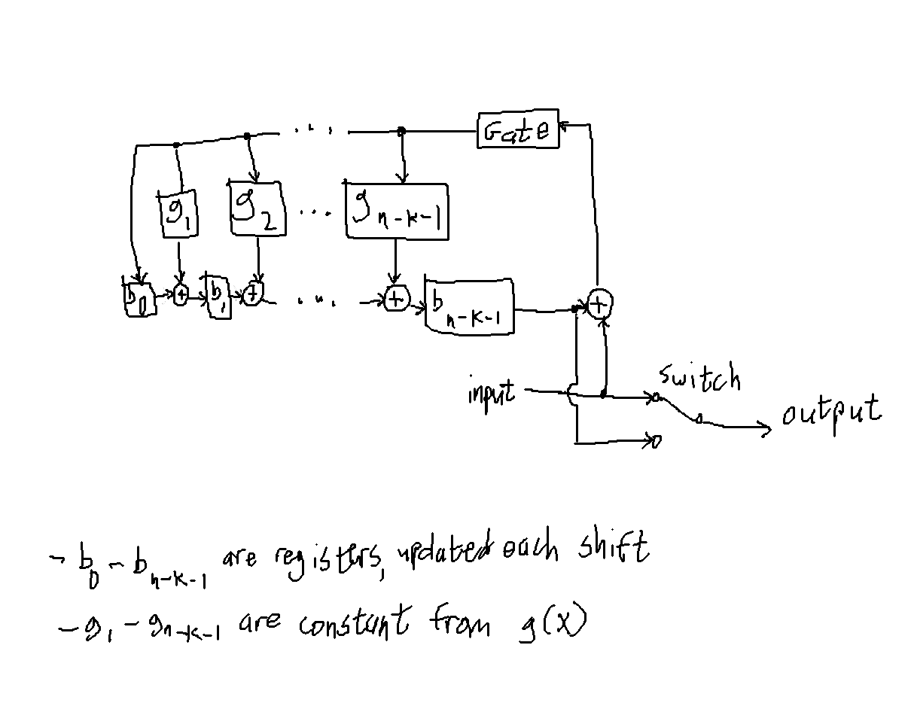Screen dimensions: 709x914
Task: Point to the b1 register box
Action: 218,297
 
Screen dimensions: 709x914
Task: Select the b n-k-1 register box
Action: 469,305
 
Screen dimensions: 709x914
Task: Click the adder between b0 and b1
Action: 181,296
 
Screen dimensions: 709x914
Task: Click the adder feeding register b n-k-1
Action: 395,300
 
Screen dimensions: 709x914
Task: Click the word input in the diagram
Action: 491,392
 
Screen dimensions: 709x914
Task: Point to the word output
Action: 830,412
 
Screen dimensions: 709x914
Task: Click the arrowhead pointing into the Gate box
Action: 567,124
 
